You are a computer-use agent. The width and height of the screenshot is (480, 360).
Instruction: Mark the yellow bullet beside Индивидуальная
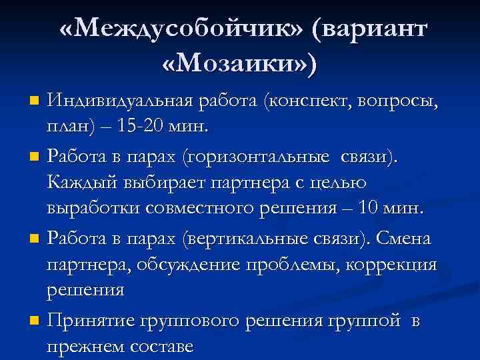tap(35, 103)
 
